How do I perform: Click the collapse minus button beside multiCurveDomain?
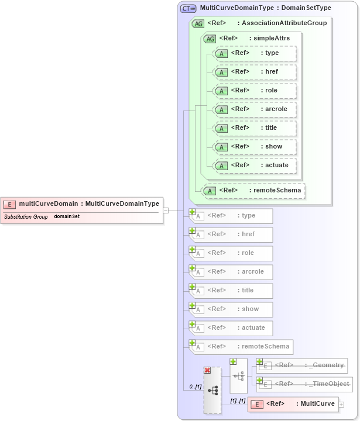pyautogui.click(x=166, y=210)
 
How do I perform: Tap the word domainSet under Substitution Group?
pyautogui.click(x=67, y=216)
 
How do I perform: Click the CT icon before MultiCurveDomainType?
pyautogui.click(x=188, y=8)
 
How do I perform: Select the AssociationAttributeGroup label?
pyautogui.click(x=284, y=23)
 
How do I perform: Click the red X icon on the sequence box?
pyautogui.click(x=207, y=370)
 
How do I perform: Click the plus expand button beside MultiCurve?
pyautogui.click(x=341, y=404)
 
